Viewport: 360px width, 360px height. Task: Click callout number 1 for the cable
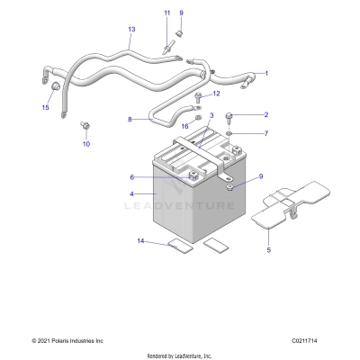click(265, 73)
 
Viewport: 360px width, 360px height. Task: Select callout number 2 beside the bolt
click(265, 115)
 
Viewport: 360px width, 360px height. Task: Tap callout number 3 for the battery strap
click(211, 116)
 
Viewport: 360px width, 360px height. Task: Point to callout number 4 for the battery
click(132, 193)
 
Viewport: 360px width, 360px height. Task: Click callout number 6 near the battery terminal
click(131, 177)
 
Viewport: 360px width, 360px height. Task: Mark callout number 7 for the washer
click(265, 133)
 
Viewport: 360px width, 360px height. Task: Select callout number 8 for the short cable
click(130, 119)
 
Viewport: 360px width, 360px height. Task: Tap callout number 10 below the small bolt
click(86, 144)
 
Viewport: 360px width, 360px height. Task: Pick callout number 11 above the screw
click(166, 12)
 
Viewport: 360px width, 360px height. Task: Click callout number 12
click(215, 94)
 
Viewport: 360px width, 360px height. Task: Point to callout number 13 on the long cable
click(131, 30)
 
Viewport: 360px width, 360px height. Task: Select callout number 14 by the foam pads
click(140, 241)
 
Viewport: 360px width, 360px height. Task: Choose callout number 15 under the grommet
click(45, 107)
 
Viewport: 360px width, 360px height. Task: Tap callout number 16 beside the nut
click(184, 127)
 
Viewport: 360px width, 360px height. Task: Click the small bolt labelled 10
click(85, 124)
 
